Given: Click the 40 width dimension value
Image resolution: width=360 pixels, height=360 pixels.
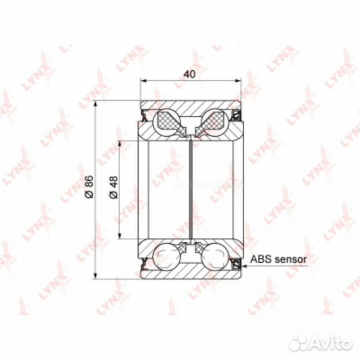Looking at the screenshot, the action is coord(189,74).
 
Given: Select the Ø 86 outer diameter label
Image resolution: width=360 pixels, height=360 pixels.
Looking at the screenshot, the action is coord(89,187).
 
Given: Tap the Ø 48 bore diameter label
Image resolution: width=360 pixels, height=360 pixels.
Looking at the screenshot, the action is coord(113,187).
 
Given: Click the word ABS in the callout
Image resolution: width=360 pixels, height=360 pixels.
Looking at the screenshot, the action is coord(261,259).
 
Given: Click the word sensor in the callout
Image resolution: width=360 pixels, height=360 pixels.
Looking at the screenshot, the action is coord(291,259).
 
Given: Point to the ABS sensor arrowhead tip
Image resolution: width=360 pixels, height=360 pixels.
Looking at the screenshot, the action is coord(242,266).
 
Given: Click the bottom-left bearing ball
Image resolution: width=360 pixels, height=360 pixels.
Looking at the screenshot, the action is coord(166,257).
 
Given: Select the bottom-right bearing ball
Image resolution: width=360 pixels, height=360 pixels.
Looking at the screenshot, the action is coord(215,257).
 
